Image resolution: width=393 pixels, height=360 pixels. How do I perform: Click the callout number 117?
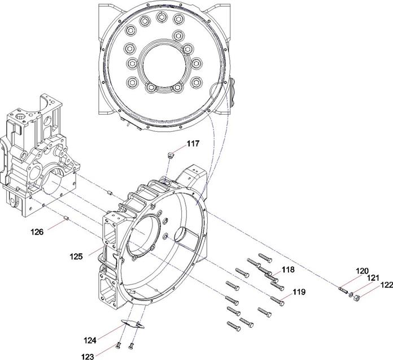tap(193, 144)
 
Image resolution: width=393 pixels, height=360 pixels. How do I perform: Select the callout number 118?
tap(288, 270)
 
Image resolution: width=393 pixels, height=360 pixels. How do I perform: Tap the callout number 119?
tap(299, 292)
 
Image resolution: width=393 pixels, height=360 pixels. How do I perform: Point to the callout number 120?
tap(362, 271)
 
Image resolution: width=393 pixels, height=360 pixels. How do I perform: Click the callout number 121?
tap(373, 278)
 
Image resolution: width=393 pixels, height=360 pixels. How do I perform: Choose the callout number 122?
tap(387, 285)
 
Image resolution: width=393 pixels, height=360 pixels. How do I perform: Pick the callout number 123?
tap(88, 356)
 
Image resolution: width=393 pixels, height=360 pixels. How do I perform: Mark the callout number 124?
tap(90, 340)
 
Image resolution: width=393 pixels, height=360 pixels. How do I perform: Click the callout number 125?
tap(76, 257)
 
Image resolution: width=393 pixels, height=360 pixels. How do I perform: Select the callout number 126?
tap(37, 232)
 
